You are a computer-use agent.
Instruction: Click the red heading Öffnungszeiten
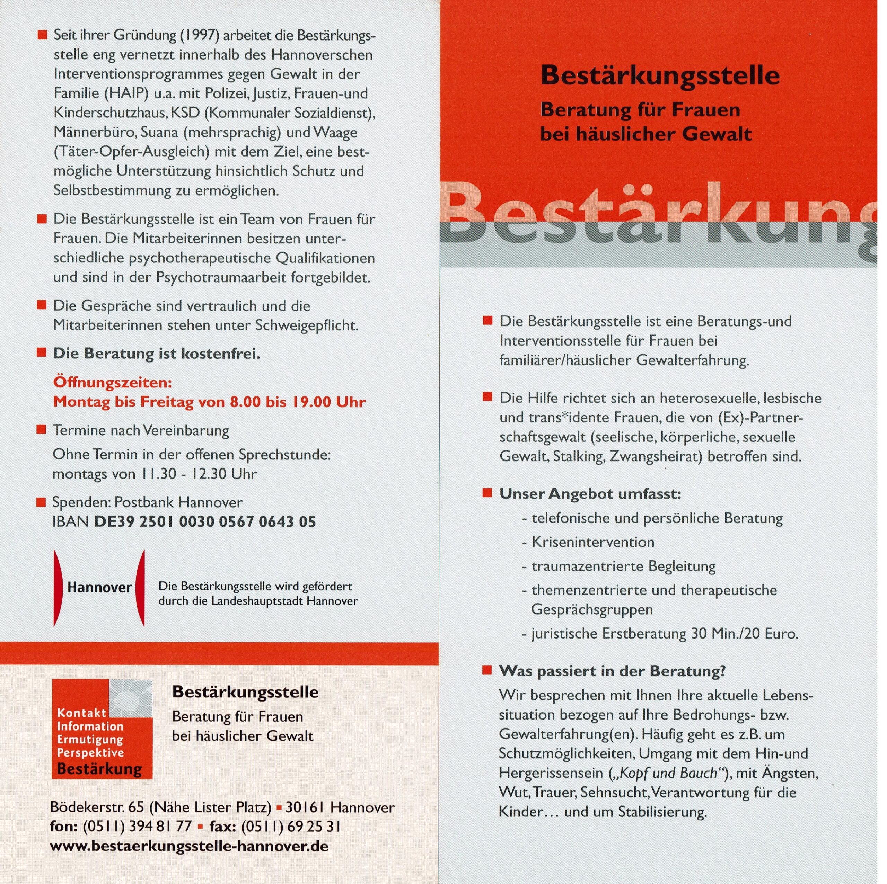[x=113, y=382]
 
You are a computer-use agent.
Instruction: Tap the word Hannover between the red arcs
[x=99, y=587]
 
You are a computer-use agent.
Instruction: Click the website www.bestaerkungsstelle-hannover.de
[x=189, y=846]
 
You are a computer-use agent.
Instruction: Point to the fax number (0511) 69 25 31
[x=291, y=827]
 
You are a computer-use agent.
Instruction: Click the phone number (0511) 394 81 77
[x=137, y=827]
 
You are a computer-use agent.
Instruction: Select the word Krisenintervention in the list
[x=593, y=542]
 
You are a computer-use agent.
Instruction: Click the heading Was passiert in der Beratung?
[x=612, y=671]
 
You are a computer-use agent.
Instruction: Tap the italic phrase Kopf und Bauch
[x=668, y=773]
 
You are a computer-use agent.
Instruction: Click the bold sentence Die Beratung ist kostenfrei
[x=157, y=354]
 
